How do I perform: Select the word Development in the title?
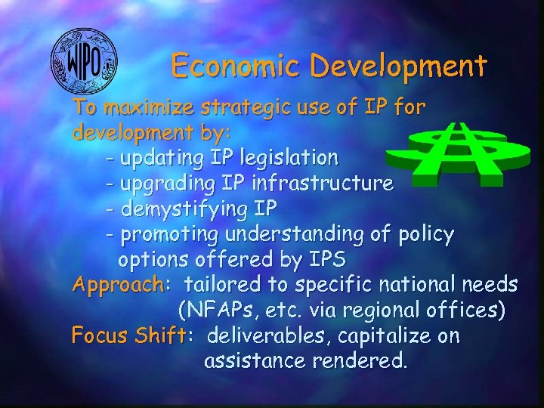pyautogui.click(x=398, y=66)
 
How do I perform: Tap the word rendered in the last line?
pyautogui.click(x=359, y=360)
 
